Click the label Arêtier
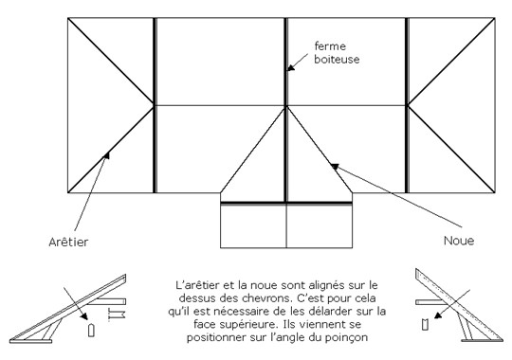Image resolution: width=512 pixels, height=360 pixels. [x=68, y=242]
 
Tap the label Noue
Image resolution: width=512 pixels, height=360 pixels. [x=459, y=241]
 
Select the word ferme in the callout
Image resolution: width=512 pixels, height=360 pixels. [x=330, y=46]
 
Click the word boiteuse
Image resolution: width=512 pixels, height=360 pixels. [x=337, y=59]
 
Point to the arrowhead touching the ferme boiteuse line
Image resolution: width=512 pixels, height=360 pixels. [x=291, y=67]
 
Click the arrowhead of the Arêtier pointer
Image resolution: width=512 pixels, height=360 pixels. [x=106, y=155]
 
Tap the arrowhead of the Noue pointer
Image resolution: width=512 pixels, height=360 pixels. [x=335, y=167]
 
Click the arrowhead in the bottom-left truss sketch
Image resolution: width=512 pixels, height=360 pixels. [x=84, y=315]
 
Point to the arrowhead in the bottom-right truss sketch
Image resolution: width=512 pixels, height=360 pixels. [x=438, y=315]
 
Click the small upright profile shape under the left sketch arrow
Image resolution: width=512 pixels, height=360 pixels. [x=91, y=330]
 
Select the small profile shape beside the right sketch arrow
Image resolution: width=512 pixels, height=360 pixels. [x=425, y=323]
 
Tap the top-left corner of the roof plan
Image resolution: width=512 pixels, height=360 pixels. [x=68, y=18]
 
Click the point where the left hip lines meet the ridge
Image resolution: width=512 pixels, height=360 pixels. [x=155, y=105]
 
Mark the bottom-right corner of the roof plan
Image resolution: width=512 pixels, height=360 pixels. [x=495, y=193]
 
